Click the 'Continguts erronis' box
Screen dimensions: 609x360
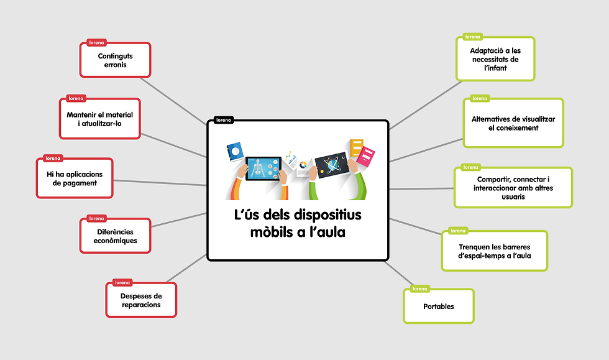[x=116, y=60]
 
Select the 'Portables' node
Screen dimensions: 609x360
[x=439, y=306]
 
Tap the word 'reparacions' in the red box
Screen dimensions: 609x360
[x=141, y=305]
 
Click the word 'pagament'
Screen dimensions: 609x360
[x=75, y=183]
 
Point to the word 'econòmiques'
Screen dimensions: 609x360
[x=116, y=241]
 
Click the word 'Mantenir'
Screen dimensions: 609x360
[x=81, y=114]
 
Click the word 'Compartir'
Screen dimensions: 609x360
[x=492, y=180]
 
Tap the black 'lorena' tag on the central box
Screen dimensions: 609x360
[x=223, y=120]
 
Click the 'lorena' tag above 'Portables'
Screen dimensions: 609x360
[x=419, y=289]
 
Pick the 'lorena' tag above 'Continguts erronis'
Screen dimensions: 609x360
[x=96, y=43]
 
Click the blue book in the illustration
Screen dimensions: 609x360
[x=235, y=152]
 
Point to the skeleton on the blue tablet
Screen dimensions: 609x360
[x=257, y=168]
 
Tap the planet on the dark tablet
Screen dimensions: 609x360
[x=332, y=165]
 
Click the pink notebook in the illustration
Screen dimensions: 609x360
[x=365, y=156]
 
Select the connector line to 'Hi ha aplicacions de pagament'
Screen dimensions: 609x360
[x=160, y=183]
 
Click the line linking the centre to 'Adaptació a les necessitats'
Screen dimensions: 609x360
[x=426, y=104]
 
